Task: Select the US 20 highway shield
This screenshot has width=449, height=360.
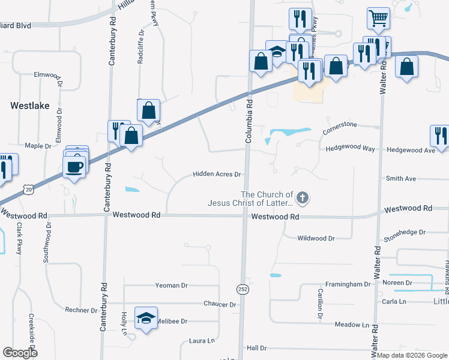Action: point(28,189)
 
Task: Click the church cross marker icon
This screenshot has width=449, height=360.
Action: point(304,197)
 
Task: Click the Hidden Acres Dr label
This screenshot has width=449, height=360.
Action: point(217,175)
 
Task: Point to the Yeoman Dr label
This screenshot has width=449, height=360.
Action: point(171,286)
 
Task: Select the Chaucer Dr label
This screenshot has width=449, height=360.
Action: point(219,305)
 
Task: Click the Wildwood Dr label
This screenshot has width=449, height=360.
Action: point(316,238)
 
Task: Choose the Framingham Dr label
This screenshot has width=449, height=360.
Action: point(348,284)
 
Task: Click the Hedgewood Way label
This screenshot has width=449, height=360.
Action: point(349,149)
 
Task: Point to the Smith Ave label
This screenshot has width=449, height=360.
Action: point(401,179)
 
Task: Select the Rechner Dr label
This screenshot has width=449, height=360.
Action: point(81,310)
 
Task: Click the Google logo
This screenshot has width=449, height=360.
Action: point(20,353)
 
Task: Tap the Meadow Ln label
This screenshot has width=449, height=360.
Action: point(352,325)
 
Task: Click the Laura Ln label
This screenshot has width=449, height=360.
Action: point(202,341)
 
